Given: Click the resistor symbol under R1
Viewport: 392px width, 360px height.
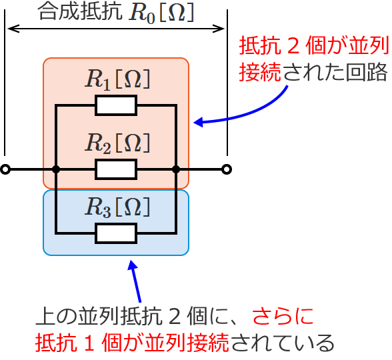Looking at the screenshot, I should tap(116, 105).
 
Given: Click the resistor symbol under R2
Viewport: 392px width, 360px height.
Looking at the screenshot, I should tap(116, 169).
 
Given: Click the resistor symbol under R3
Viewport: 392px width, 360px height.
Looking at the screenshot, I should tap(116, 233).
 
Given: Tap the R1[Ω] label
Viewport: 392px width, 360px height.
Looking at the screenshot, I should tap(117, 79).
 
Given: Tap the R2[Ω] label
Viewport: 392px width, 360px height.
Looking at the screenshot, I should tap(117, 143).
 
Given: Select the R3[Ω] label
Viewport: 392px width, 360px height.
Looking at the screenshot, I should tap(117, 207).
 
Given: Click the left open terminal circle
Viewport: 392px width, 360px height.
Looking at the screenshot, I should tap(5, 169).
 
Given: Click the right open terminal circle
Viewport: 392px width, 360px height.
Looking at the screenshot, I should tap(227, 169).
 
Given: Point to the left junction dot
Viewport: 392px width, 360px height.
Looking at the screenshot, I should tap(56, 169).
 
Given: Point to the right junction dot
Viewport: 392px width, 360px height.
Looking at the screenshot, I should tap(176, 169).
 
